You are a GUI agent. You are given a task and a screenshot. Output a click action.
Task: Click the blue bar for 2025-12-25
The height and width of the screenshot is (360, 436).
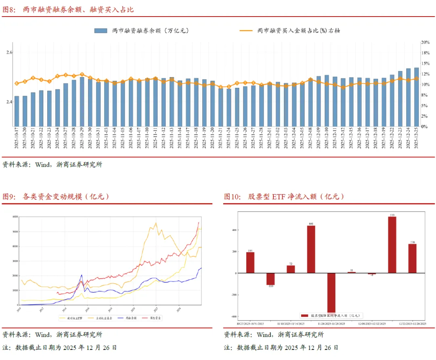(416, 97)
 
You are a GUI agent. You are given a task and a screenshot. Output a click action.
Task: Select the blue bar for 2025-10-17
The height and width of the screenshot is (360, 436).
(17, 111)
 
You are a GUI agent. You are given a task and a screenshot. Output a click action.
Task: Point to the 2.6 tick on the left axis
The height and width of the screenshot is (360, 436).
(9, 52)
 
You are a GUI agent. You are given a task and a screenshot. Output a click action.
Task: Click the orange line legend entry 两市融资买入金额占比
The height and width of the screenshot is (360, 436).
(298, 30)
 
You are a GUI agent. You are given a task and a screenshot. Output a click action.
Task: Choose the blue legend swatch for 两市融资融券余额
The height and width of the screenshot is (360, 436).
(101, 30)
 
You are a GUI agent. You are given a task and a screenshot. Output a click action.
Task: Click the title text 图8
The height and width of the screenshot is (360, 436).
(9, 9)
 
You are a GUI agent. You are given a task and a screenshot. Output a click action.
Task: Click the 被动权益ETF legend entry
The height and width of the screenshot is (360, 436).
(75, 318)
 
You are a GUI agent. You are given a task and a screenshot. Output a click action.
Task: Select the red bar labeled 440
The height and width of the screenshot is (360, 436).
(311, 249)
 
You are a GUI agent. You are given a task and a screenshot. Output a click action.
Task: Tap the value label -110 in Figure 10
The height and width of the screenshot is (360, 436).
(270, 287)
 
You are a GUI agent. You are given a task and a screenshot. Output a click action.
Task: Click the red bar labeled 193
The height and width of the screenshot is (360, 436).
(250, 262)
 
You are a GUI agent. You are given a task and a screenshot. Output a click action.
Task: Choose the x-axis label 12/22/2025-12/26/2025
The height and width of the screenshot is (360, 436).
(412, 324)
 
